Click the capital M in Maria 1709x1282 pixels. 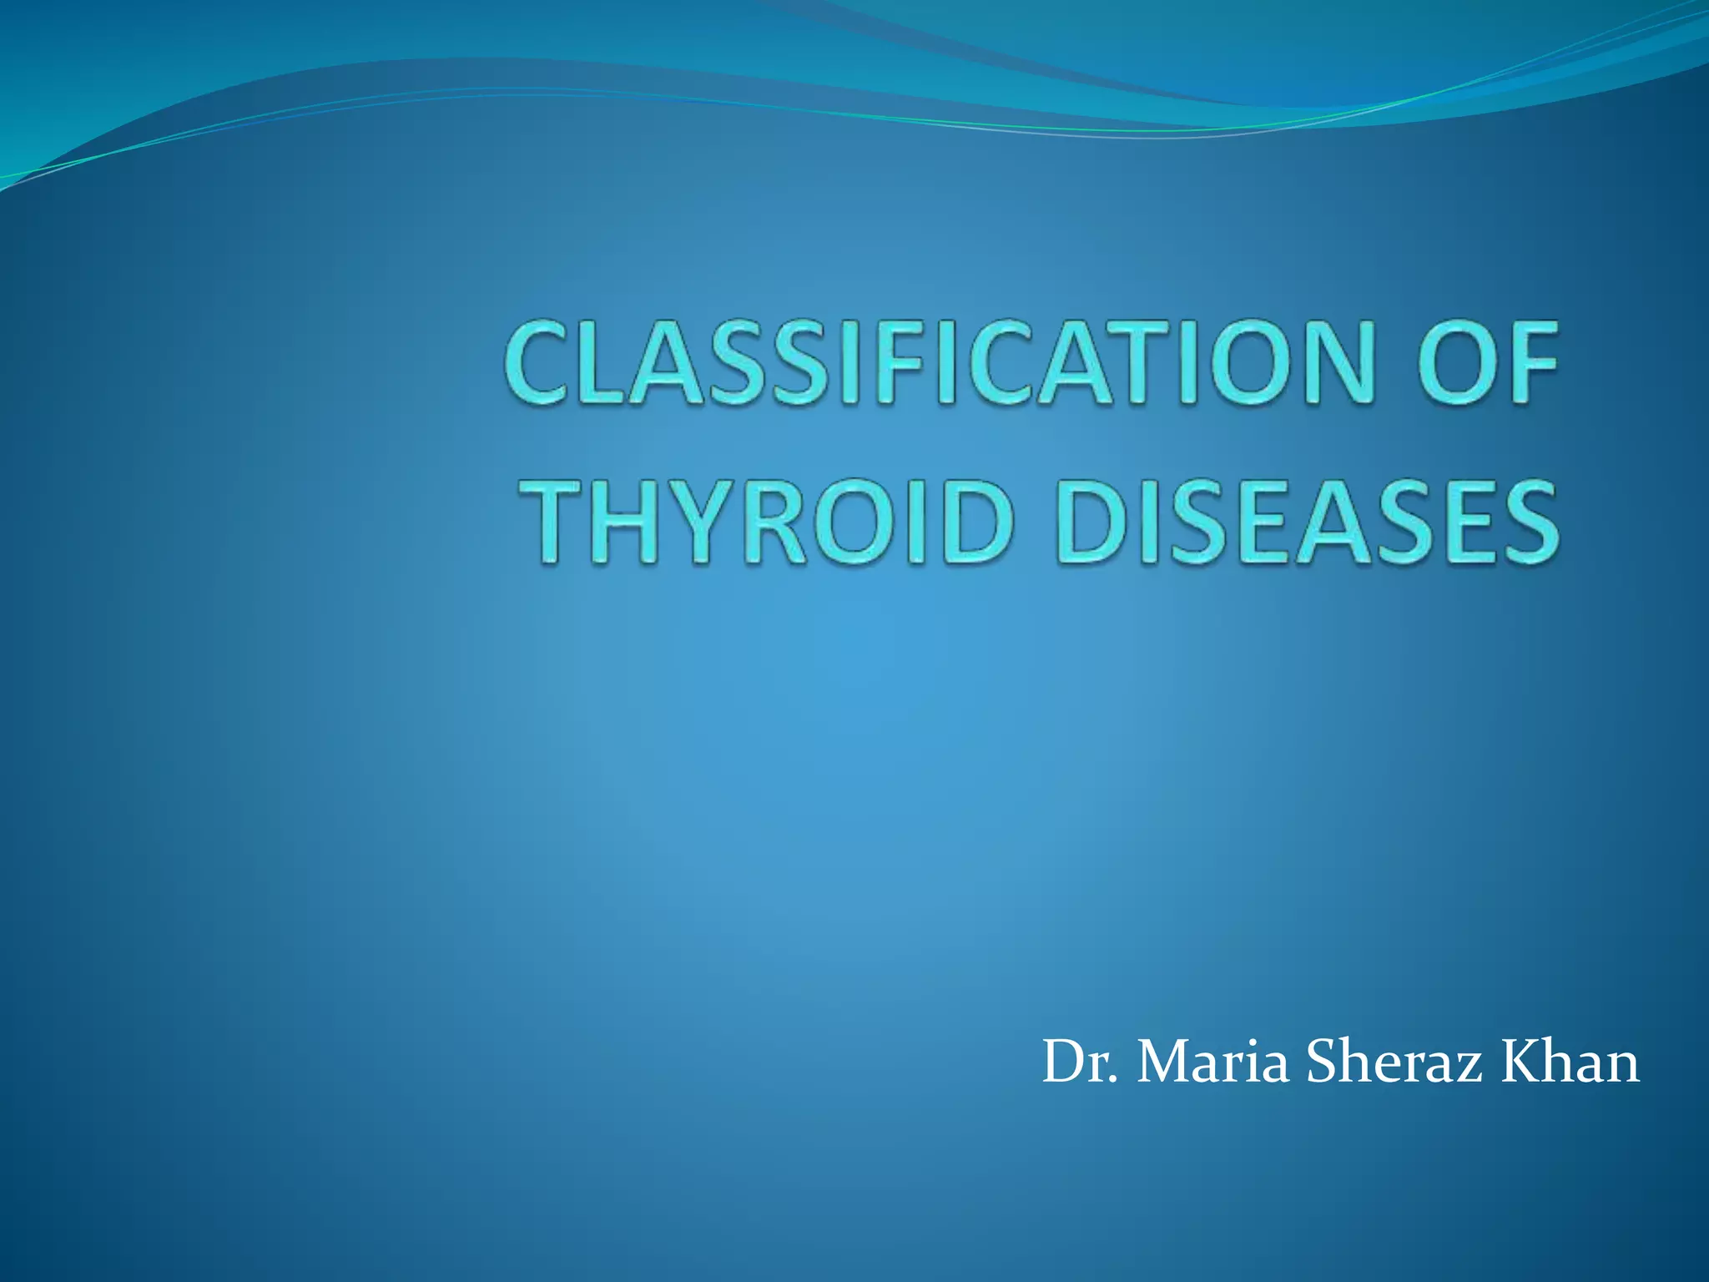click(1162, 1063)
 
